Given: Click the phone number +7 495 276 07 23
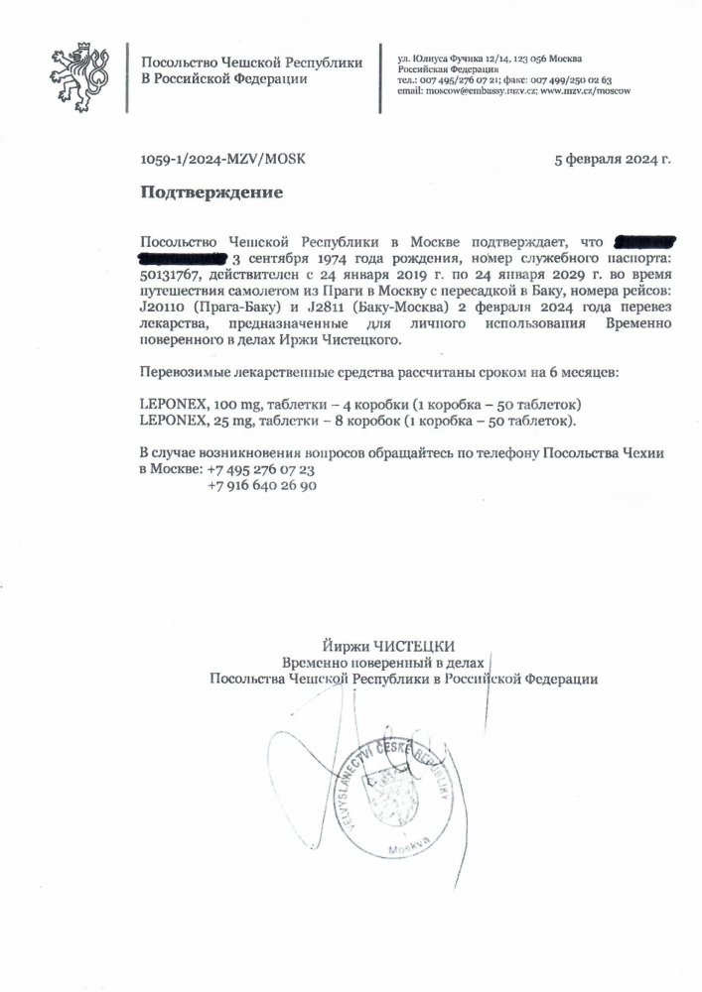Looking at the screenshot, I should point(259,469).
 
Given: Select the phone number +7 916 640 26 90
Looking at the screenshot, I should point(262,486).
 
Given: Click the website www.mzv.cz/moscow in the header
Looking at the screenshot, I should point(585,90).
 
